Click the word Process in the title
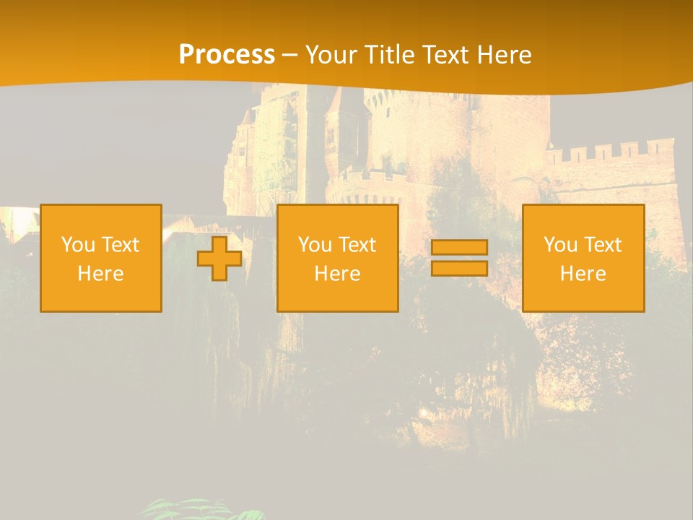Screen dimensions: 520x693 coord(227,55)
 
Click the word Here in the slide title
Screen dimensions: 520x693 coord(504,55)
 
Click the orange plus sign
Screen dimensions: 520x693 coord(219,259)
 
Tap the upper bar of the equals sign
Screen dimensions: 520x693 coord(459,248)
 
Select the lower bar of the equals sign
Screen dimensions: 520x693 coord(459,268)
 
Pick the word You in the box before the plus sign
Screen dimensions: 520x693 coord(77,245)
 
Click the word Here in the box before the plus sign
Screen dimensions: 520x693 coord(100,274)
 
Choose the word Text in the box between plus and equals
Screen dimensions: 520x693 coord(357,245)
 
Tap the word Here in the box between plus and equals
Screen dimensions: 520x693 coord(337,274)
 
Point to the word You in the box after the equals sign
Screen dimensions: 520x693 coord(559,245)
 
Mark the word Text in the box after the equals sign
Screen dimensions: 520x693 coord(602,245)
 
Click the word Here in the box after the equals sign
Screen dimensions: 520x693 coord(583,274)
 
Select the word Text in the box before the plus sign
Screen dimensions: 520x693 coord(120,245)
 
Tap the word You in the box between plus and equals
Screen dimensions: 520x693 coord(313,245)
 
